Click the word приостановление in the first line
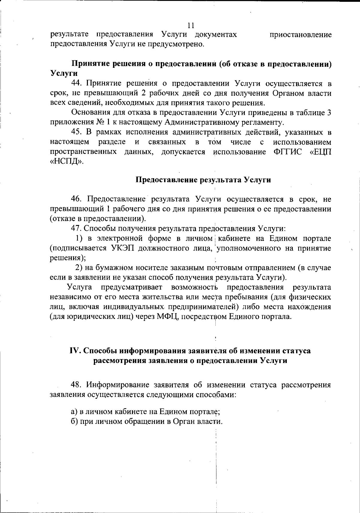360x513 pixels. coord(301,35)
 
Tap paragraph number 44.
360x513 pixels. coord(77,83)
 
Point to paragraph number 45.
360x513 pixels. coord(77,132)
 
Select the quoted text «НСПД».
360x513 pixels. coord(66,161)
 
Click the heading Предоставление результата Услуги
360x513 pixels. coord(203,180)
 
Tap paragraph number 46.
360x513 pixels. coord(77,199)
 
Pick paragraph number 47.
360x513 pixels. coord(77,229)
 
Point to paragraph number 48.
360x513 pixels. coord(77,385)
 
